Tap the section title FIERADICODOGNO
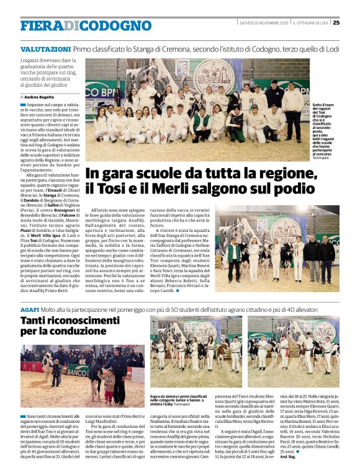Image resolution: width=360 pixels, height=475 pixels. coord(86,25)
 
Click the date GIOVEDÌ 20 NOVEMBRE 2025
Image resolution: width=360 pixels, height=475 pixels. coord(264,23)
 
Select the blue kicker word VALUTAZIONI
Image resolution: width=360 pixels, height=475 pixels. coord(45,48)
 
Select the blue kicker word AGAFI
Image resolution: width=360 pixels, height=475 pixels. coord(30,308)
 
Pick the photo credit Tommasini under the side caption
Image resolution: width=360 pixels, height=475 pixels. coord(323,158)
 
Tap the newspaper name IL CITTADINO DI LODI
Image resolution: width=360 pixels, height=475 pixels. coord(311,23)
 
